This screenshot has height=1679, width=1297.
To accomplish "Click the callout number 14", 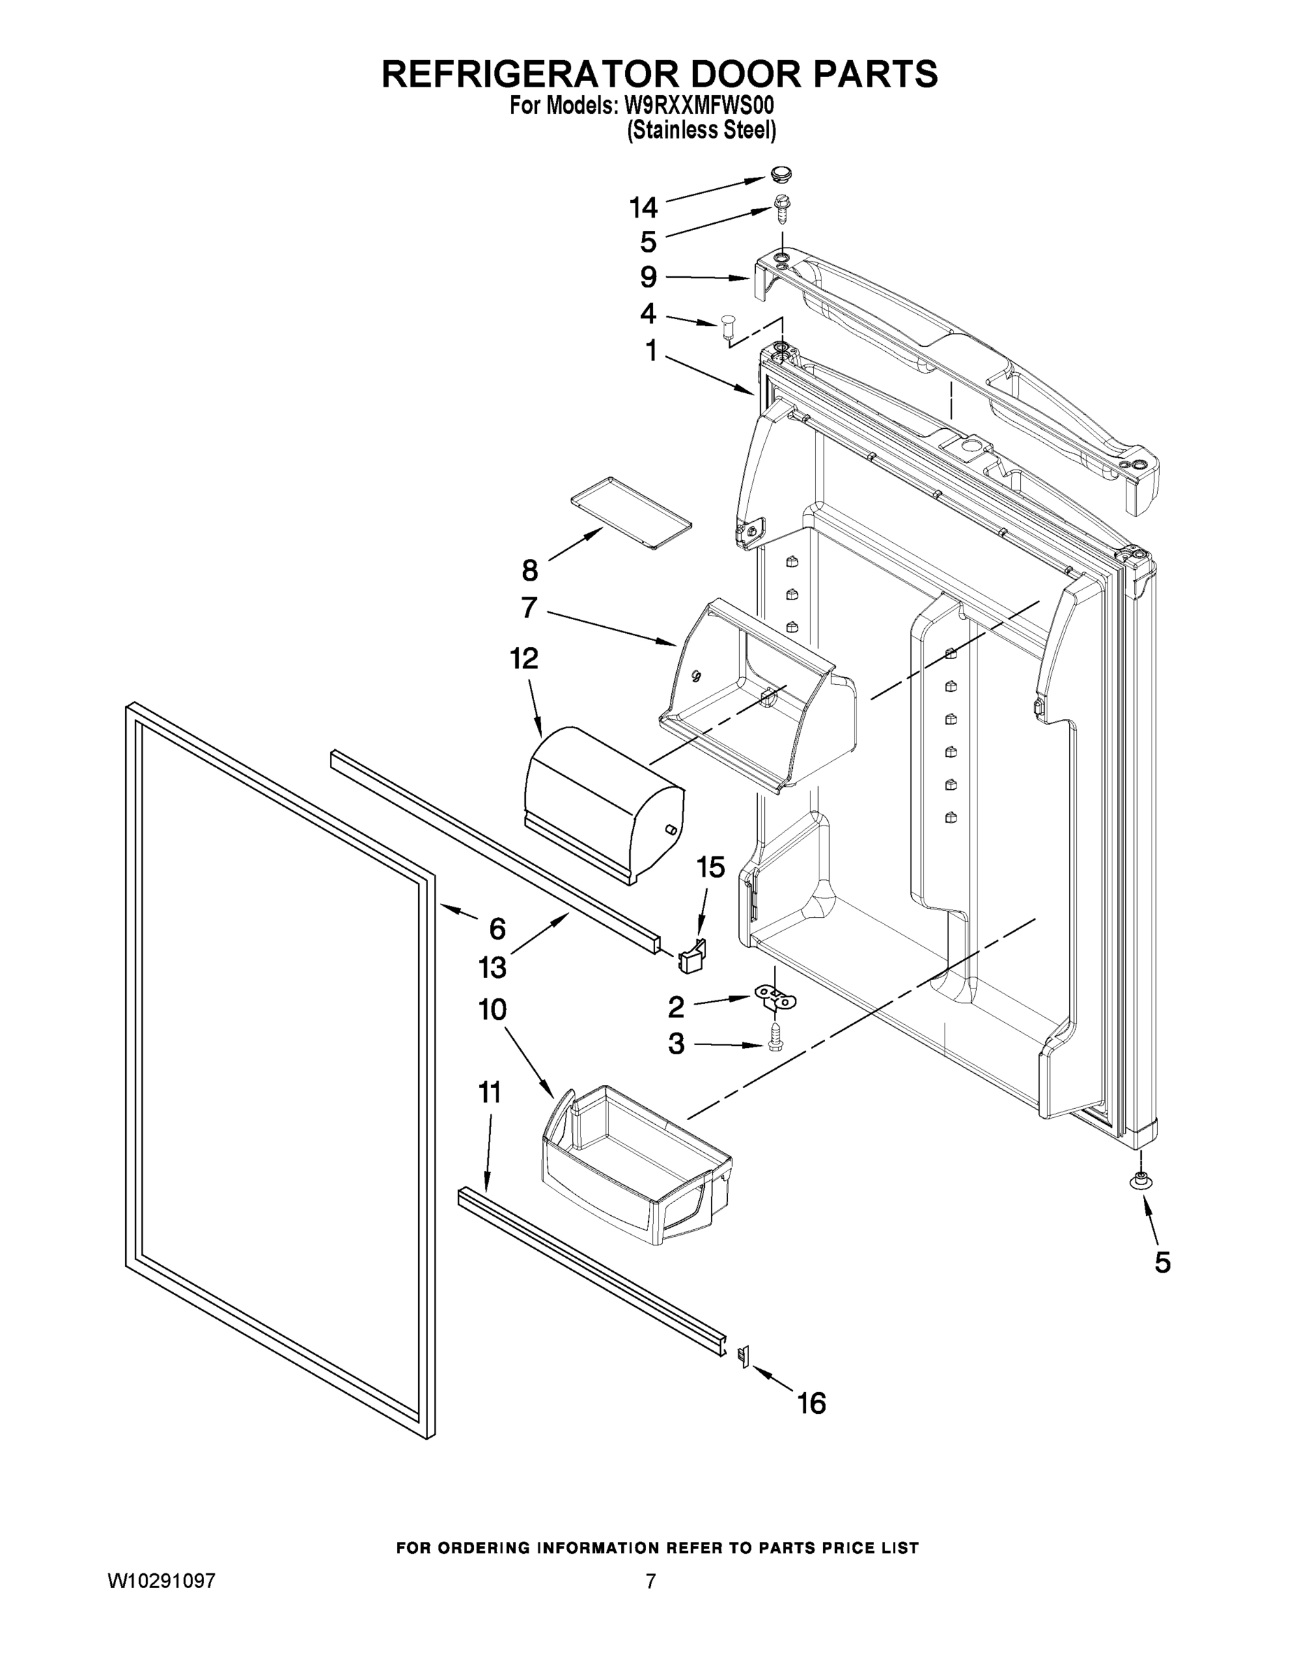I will (x=643, y=208).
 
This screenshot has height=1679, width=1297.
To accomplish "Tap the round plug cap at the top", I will (x=782, y=176).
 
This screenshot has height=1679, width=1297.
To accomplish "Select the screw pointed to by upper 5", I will (x=782, y=209).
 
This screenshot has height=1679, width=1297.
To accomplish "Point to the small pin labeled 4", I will (x=729, y=326).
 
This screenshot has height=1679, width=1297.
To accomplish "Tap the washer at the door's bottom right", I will (x=1140, y=1179).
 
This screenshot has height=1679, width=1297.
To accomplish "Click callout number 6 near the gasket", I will (x=497, y=928).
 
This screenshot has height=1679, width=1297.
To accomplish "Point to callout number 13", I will (x=492, y=967).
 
